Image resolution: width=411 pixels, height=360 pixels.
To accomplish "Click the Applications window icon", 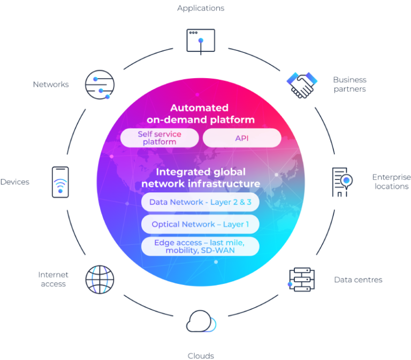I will [200, 41].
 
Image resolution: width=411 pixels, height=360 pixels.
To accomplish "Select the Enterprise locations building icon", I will [339, 182].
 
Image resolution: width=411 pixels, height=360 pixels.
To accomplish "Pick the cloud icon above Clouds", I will [201, 323].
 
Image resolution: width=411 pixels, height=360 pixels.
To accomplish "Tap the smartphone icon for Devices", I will [60, 182].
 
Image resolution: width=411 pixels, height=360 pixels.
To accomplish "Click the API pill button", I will [242, 138].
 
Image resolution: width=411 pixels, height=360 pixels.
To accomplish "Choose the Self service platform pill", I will [159, 138].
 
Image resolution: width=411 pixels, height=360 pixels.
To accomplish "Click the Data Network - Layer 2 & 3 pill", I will [200, 202].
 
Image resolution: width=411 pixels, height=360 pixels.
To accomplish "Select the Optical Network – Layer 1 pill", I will [200, 224].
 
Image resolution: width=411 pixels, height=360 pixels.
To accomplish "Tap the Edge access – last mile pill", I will [200, 246].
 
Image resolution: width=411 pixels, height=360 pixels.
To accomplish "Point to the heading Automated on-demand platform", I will [201, 114].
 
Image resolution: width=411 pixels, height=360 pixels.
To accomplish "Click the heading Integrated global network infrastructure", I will [201, 178].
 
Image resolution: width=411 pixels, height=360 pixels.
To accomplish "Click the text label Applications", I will [200, 8].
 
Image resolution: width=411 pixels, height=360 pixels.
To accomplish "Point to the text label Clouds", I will [200, 355].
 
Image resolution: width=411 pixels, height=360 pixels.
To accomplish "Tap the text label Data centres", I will [358, 280].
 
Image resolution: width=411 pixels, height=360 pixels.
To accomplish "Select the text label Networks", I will [50, 85].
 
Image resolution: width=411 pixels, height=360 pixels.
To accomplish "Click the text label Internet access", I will [52, 279].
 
